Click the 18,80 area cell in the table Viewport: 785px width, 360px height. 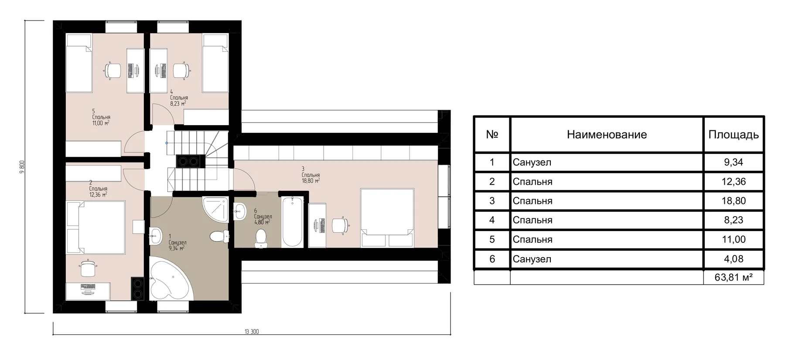734,201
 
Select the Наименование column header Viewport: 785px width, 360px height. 607,135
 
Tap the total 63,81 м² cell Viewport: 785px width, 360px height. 734,277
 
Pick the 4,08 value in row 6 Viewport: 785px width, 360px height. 734,259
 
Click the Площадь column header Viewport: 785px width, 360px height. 734,135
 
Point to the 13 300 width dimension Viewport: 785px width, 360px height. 252,332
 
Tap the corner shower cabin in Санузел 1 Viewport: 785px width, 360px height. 215,210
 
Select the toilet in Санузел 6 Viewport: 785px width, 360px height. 260,238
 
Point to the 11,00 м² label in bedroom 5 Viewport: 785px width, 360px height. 100,123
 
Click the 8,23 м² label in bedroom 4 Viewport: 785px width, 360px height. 178,104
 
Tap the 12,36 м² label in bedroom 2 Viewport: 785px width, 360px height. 98,195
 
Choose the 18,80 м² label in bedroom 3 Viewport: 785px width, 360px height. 311,180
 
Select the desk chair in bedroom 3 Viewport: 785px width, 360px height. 340,225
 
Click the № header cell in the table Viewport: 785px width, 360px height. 492,135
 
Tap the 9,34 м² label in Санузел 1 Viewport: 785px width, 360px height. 176,248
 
